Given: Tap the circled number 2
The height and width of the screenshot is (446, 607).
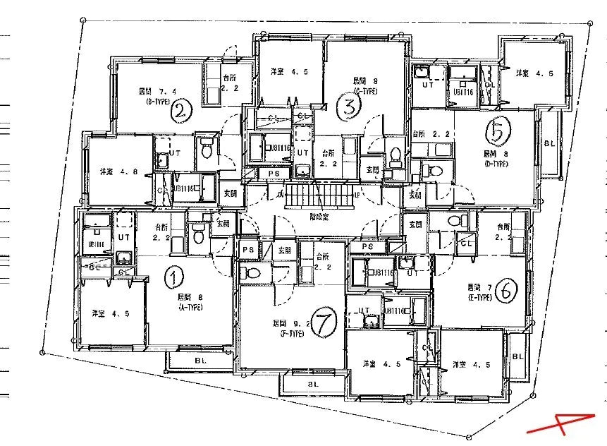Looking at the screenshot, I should click(183, 110).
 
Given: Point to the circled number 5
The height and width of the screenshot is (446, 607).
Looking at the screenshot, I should click(498, 131).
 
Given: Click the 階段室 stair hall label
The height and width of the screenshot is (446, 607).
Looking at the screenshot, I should click(318, 218).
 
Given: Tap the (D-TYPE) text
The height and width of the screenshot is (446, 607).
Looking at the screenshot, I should click(497, 163).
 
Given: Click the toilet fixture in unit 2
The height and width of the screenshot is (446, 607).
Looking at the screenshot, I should click(207, 150).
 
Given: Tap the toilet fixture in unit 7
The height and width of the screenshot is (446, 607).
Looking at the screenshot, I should click(252, 272).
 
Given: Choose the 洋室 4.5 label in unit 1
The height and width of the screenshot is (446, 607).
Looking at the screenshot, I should click(106, 313).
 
